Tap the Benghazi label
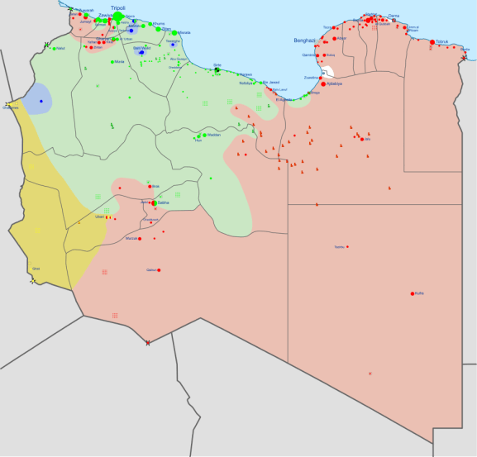[x=304, y=40]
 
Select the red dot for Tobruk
[x=432, y=42]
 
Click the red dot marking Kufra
[x=413, y=293]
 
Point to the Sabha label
[x=164, y=202]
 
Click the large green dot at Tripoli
[x=118, y=17]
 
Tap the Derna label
[x=394, y=16]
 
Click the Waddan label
[x=213, y=135]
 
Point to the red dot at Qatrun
[x=159, y=270]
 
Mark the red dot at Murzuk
[x=140, y=239]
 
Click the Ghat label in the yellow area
[x=36, y=269]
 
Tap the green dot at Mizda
[x=112, y=62]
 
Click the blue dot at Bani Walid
[x=141, y=53]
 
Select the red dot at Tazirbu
[x=347, y=246]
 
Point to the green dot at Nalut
[x=54, y=49]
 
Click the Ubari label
[x=100, y=217]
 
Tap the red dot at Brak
[x=150, y=187]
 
